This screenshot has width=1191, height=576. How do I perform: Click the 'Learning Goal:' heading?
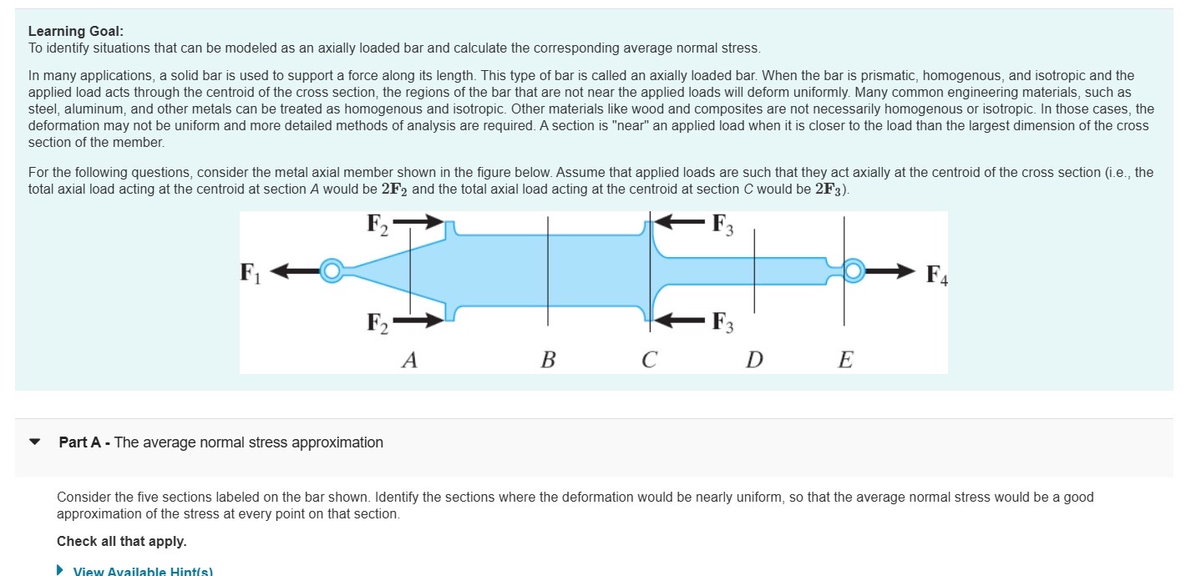(x=75, y=31)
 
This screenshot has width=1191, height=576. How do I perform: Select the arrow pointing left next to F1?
(x=293, y=270)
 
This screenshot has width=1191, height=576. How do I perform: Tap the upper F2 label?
(x=378, y=225)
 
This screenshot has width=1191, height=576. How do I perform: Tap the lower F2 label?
(x=378, y=322)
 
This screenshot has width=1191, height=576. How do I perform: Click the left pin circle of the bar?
(x=332, y=270)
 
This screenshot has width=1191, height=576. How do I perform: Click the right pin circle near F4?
(x=853, y=270)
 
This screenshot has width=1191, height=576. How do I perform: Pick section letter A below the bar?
(x=409, y=360)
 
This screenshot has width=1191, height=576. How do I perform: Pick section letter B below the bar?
(x=548, y=360)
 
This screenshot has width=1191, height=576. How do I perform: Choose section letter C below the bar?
(x=649, y=360)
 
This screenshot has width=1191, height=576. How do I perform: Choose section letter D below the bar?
(x=754, y=360)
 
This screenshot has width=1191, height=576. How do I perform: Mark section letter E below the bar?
(x=845, y=360)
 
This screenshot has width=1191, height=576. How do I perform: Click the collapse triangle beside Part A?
(x=35, y=442)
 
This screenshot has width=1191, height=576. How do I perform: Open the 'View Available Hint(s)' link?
(x=142, y=571)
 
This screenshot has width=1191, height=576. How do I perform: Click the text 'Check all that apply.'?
(x=121, y=541)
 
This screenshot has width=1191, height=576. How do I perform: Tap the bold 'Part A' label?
(x=79, y=442)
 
